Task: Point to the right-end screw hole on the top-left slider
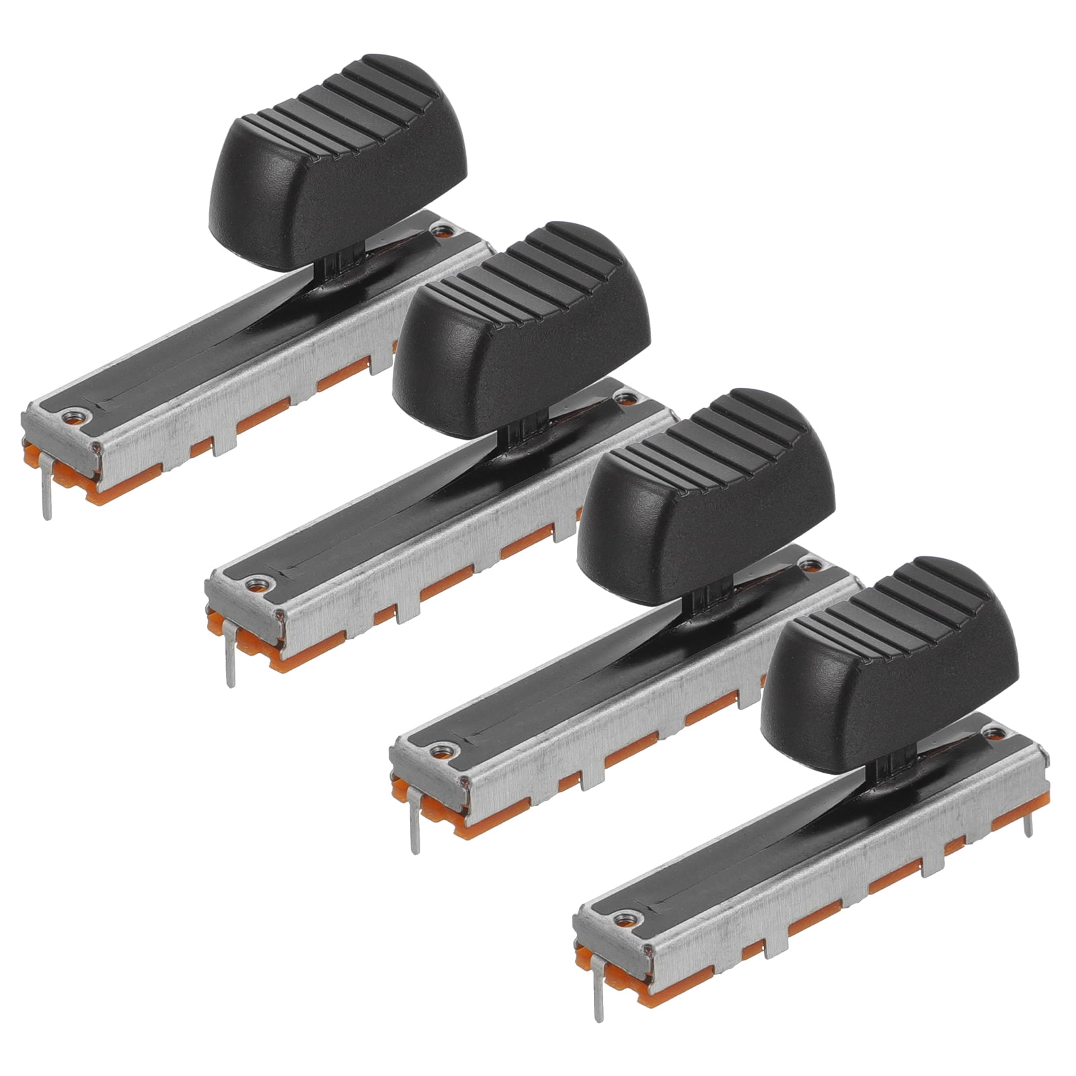441,233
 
